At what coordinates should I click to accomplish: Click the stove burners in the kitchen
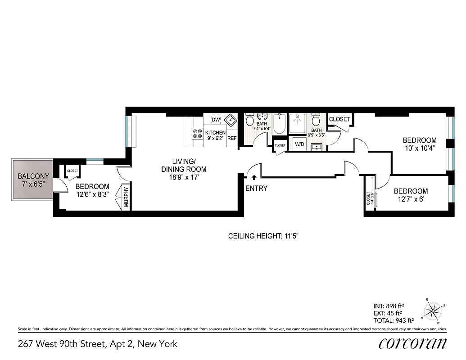pyautogui.click(x=197, y=133)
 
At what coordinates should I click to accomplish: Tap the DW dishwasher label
pyautogui.click(x=216, y=120)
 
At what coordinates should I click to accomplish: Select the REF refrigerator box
pyautogui.click(x=232, y=139)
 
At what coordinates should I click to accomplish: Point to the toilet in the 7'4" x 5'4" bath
pyautogui.click(x=249, y=121)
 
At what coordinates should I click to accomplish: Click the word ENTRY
pyautogui.click(x=256, y=189)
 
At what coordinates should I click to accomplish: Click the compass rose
pyautogui.click(x=433, y=310)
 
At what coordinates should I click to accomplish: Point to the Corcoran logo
pyautogui.click(x=413, y=343)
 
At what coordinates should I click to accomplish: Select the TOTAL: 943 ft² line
pyautogui.click(x=394, y=321)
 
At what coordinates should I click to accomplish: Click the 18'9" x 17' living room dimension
pyautogui.click(x=184, y=177)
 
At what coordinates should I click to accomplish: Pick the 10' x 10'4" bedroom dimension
pyautogui.click(x=419, y=148)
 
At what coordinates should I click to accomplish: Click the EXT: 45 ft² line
pyautogui.click(x=388, y=313)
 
